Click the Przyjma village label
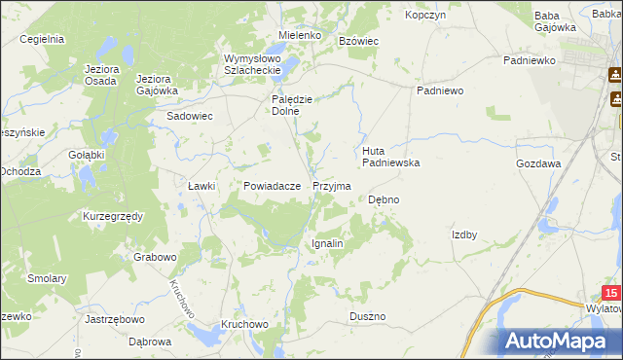tap(332, 185)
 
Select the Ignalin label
tap(327, 243)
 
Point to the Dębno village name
tap(384, 199)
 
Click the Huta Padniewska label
tap(390, 157)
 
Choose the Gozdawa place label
tap(538, 164)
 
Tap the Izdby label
tap(463, 234)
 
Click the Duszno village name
tap(367, 317)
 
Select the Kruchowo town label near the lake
tap(243, 323)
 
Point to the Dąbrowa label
tap(150, 342)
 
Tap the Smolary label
tap(47, 278)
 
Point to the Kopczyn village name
tap(425, 17)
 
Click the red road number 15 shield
tap(610, 293)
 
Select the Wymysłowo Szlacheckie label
tap(252, 63)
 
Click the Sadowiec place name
tap(190, 115)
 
